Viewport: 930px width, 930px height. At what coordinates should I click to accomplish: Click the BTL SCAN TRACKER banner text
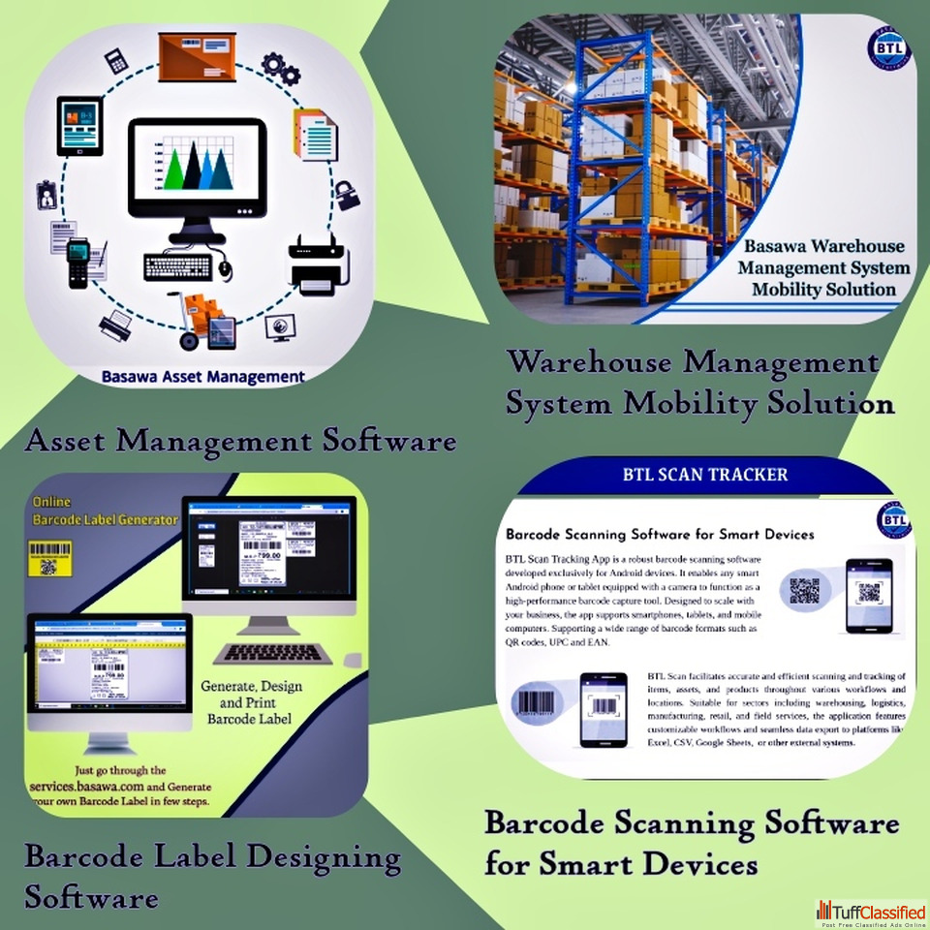704,476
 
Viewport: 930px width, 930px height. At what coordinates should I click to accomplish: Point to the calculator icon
116,59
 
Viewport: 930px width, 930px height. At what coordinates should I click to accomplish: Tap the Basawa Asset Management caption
202,377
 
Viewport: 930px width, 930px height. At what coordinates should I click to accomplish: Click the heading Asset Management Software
240,442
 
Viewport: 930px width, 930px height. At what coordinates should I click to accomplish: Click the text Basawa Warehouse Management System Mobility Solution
823,267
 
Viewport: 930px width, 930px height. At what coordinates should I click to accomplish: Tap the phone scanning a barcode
603,708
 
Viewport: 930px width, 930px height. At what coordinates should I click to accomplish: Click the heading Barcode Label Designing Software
212,876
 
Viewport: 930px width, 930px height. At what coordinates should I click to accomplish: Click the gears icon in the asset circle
281,68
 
